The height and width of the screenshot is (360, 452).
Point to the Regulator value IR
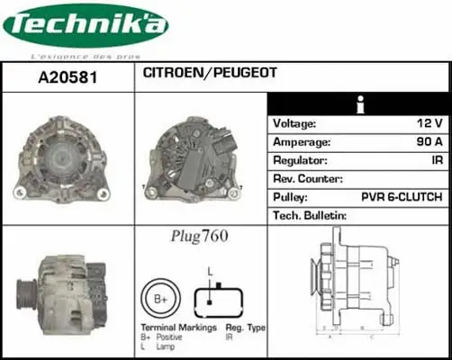pyautogui.click(x=435, y=160)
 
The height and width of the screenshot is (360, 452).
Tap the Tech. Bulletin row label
pyautogui.click(x=310, y=215)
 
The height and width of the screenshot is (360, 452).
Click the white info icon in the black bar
pyautogui.click(x=360, y=103)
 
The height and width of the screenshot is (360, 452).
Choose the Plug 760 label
pyautogui.click(x=199, y=237)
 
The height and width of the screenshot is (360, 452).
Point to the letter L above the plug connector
pyautogui.click(x=210, y=270)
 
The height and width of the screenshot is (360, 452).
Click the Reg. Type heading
pyautogui.click(x=244, y=328)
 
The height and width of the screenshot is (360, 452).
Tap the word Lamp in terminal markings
pyautogui.click(x=167, y=346)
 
